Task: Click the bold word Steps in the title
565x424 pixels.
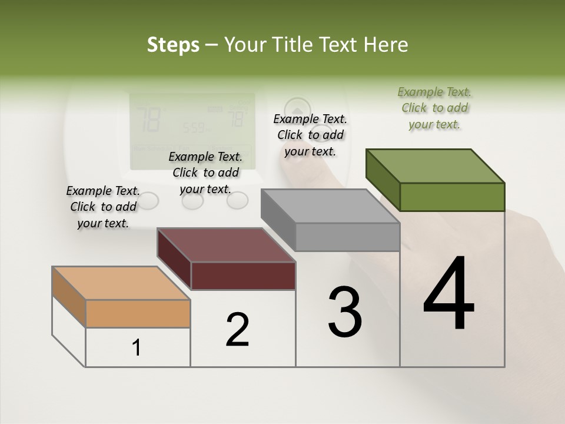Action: point(173,45)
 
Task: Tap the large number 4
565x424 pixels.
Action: point(448,294)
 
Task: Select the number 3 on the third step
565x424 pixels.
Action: point(345,312)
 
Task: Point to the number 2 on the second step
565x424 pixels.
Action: point(238,329)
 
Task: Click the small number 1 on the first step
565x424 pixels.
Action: point(137,347)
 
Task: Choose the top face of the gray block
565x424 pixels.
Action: point(330,206)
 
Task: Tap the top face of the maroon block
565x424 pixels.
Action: point(226,245)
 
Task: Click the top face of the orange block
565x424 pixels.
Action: point(121,283)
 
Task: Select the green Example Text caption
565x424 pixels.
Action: point(434,108)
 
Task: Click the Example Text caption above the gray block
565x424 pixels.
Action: point(310,135)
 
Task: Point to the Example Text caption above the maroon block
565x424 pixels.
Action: point(205,173)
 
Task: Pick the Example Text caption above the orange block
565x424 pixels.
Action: point(103,207)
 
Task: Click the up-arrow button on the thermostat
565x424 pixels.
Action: point(297,110)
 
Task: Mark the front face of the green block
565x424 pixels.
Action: point(452,197)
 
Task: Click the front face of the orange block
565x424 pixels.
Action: point(138,313)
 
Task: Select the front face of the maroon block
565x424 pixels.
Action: point(243,276)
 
